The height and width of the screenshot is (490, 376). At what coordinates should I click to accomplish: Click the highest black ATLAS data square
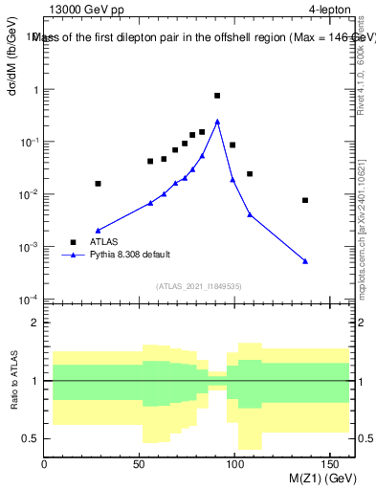217,96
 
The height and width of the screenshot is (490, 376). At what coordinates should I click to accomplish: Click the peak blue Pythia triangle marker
217,122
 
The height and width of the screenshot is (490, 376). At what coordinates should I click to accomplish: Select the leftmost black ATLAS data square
98,183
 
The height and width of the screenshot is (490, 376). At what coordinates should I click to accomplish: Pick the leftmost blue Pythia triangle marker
98,231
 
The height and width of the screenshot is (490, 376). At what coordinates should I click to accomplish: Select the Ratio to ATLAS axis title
13,379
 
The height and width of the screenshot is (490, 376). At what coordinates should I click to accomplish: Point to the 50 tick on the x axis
141,461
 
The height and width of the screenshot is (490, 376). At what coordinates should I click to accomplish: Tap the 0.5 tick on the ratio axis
32,438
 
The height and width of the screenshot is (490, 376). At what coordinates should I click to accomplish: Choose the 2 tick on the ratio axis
35,323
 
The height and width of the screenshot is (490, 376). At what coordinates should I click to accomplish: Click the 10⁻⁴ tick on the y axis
29,300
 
